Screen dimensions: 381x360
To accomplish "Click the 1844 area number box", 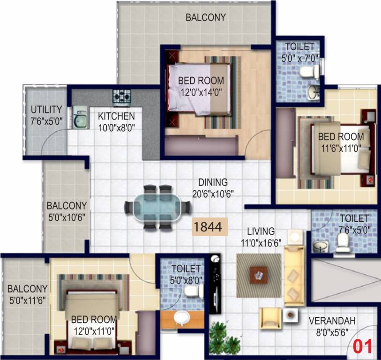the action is (x=209, y=227).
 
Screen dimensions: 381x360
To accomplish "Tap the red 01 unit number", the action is (x=362, y=346).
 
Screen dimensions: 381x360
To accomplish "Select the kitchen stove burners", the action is (x=122, y=97).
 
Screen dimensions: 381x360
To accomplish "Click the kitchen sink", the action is (x=80, y=117).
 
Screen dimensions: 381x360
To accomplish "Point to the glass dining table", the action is (x=158, y=208).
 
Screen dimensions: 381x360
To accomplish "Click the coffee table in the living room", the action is (x=259, y=275).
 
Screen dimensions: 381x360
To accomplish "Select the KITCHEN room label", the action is (x=116, y=116).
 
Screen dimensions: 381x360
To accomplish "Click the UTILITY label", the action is (x=46, y=110).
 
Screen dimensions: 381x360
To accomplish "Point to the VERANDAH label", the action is (x=332, y=321).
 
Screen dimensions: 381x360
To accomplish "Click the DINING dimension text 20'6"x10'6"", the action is (x=213, y=194).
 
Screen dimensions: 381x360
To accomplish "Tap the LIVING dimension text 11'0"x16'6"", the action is (x=261, y=243).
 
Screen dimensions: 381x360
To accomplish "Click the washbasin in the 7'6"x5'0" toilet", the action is (x=320, y=247).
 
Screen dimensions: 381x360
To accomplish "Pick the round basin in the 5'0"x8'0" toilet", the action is (x=182, y=318).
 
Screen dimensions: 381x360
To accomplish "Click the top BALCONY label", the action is (x=206, y=17).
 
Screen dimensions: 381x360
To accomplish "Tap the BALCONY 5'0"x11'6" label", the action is (x=28, y=295).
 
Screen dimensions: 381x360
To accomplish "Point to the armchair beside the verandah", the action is (x=270, y=318).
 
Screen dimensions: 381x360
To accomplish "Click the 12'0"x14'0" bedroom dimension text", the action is (x=201, y=92).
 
